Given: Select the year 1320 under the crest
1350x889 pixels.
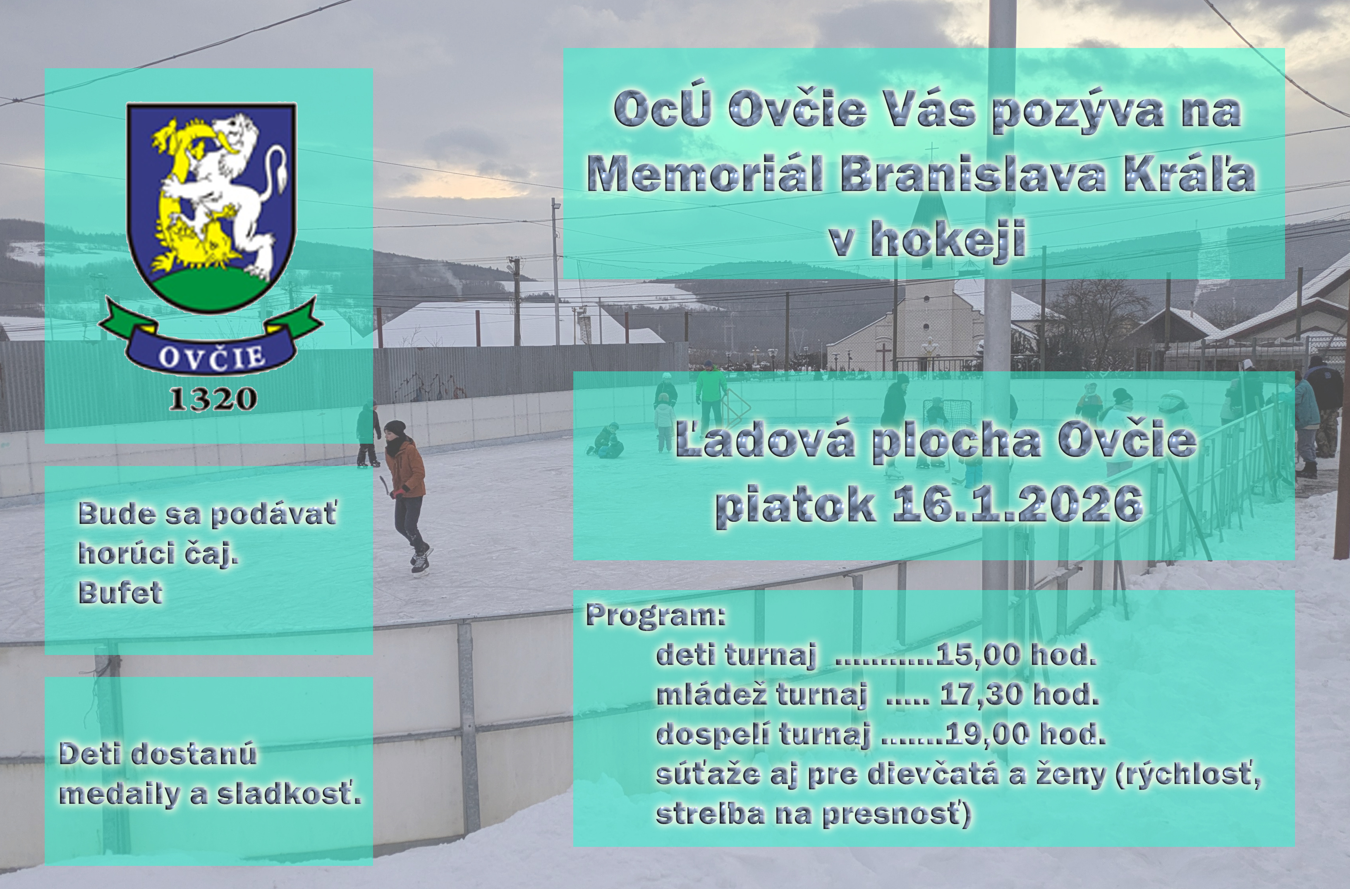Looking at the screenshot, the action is click(213, 399).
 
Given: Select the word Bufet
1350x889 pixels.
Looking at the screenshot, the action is click(120, 593).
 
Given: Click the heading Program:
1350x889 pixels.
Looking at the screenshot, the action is click(656, 616).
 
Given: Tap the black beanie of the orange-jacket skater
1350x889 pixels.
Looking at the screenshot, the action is click(395, 428).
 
